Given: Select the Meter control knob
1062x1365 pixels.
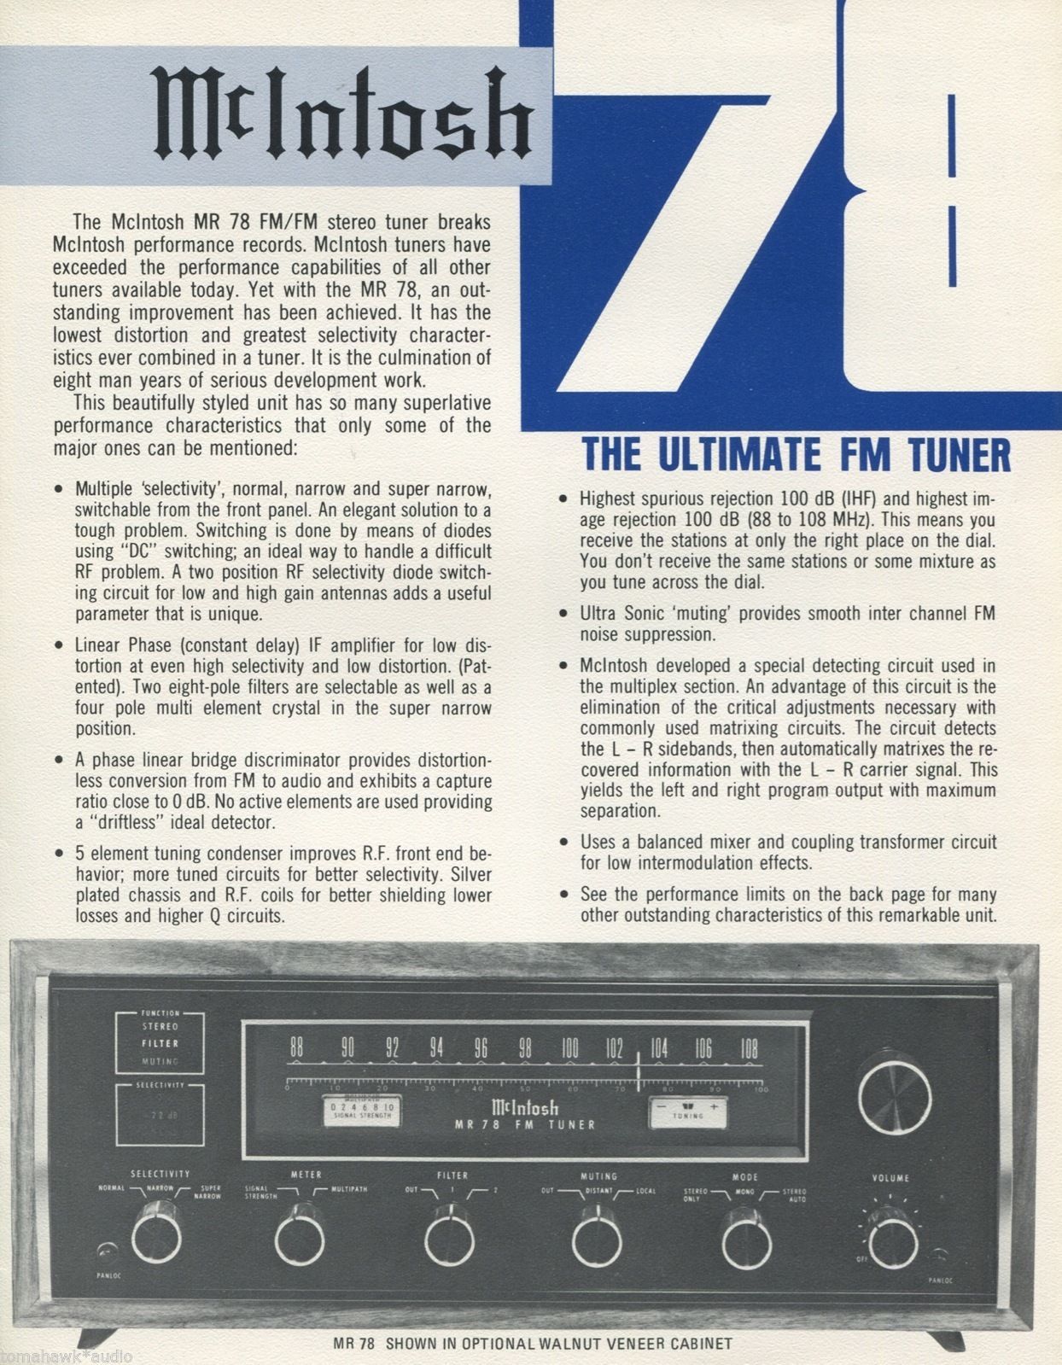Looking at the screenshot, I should pyautogui.click(x=301, y=1237).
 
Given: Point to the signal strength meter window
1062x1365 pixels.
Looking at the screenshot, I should pyautogui.click(x=358, y=1109).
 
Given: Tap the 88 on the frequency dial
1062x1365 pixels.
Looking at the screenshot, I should pyautogui.click(x=296, y=1047).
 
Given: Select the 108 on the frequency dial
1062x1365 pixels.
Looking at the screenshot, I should pyautogui.click(x=748, y=1047).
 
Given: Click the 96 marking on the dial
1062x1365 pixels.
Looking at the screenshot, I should pyautogui.click(x=481, y=1047).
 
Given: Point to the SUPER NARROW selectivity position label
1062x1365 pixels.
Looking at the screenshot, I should pyautogui.click(x=210, y=1193).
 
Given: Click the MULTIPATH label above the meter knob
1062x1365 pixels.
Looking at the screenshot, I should pyautogui.click(x=346, y=1188).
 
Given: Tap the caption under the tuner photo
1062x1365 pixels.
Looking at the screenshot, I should pyautogui.click(x=532, y=1343).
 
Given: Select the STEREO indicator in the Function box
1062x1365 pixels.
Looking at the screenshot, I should pyautogui.click(x=160, y=1026).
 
